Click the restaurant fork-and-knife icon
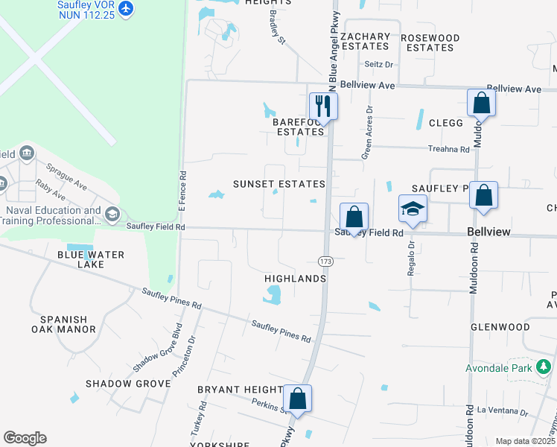(x=323, y=105)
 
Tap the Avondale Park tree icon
(x=544, y=367)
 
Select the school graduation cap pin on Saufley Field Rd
(x=413, y=209)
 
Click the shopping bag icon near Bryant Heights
(x=297, y=398)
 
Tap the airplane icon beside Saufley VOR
(x=126, y=8)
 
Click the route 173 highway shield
(x=325, y=261)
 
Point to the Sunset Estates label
(x=278, y=184)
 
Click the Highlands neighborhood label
(x=296, y=279)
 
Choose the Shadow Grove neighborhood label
(x=127, y=384)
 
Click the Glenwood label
(x=500, y=327)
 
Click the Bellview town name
(x=488, y=232)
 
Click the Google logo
(x=25, y=438)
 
